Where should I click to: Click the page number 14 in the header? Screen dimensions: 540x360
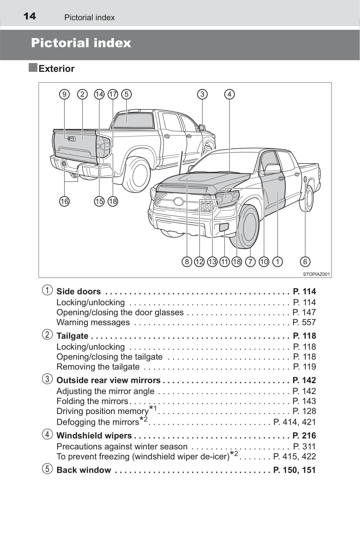pyautogui.click(x=30, y=16)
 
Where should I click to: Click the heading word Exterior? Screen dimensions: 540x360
pyautogui.click(x=56, y=69)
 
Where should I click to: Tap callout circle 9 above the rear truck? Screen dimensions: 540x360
pyautogui.click(x=64, y=94)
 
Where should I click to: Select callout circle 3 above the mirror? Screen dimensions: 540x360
pyautogui.click(x=202, y=94)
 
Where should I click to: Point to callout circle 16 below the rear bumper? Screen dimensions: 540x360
pyautogui.click(x=64, y=201)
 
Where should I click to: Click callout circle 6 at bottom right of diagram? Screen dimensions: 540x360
pyautogui.click(x=305, y=262)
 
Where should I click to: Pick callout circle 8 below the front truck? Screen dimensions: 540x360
pyautogui.click(x=187, y=262)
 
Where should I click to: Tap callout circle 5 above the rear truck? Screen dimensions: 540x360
pyautogui.click(x=126, y=94)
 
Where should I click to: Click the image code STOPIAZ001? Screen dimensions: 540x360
pyautogui.click(x=316, y=274)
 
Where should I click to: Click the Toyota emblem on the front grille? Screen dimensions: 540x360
pyautogui.click(x=179, y=201)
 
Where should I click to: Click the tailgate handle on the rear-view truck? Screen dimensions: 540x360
pyautogui.click(x=71, y=139)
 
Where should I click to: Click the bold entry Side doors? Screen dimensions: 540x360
pyautogui.click(x=78, y=292)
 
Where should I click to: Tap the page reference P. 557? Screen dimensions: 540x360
pyautogui.click(x=304, y=322)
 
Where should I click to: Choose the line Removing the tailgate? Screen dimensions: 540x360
pyautogui.click(x=98, y=367)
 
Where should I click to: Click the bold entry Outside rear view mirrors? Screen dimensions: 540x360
pyautogui.click(x=108, y=380)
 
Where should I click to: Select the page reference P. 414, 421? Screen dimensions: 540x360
pyautogui.click(x=294, y=422)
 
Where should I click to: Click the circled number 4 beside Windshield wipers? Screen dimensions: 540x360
pyautogui.click(x=47, y=434)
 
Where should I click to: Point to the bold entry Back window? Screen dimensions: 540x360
pyautogui.click(x=84, y=470)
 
